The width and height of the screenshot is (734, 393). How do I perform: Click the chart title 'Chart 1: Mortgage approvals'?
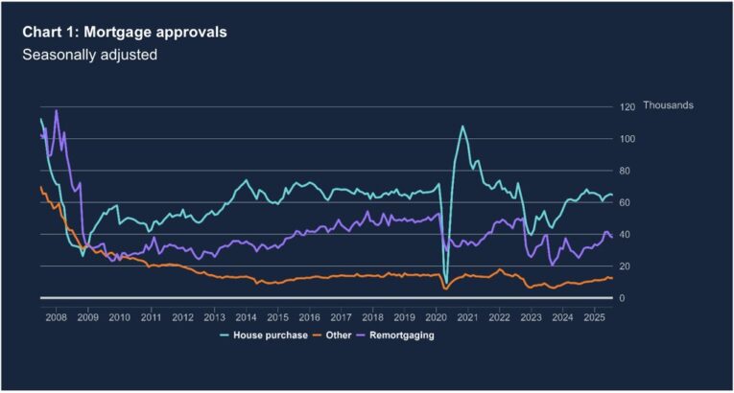tap(126, 33)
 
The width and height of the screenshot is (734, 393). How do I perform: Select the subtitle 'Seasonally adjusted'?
tap(90, 55)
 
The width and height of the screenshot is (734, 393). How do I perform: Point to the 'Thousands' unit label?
tap(668, 104)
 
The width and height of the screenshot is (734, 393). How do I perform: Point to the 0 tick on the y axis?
tap(622, 298)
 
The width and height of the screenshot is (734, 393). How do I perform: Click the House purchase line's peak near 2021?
tap(462, 126)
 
